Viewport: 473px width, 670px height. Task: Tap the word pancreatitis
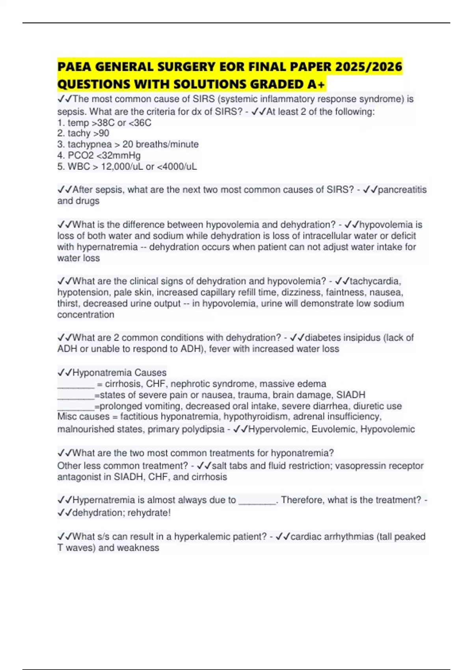click(x=402, y=190)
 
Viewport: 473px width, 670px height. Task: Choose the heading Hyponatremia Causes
click(x=119, y=373)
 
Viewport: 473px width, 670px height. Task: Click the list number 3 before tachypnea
click(x=60, y=145)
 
